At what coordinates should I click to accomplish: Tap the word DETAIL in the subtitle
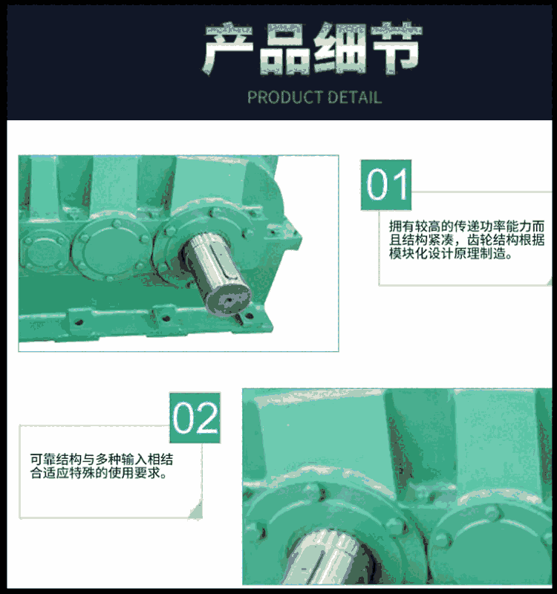pos(354,97)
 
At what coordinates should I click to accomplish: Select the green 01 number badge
pos(385,185)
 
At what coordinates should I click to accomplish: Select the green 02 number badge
pos(195,417)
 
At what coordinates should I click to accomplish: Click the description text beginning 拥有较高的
pos(466,240)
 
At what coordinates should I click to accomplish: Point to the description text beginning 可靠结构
pos(102,466)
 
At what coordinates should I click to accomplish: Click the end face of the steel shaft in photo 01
pos(228,299)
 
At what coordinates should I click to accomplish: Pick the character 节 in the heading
pos(396,48)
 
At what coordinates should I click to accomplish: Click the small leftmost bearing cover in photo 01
pos(44,250)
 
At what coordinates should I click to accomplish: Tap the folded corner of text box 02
pos(196,511)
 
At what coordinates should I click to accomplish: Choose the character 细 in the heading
pos(340,48)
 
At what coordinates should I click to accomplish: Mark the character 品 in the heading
pos(284,48)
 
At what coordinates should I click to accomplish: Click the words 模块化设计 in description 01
pos(421,253)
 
